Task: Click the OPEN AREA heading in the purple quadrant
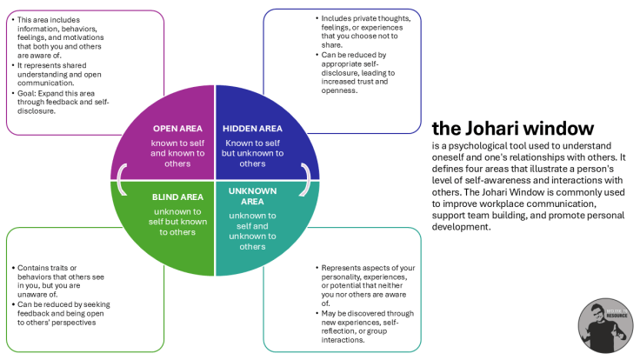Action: tap(177, 128)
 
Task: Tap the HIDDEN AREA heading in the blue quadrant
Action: tap(253, 128)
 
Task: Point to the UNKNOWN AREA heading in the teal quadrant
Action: tap(253, 197)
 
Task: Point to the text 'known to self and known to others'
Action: tap(177, 150)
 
